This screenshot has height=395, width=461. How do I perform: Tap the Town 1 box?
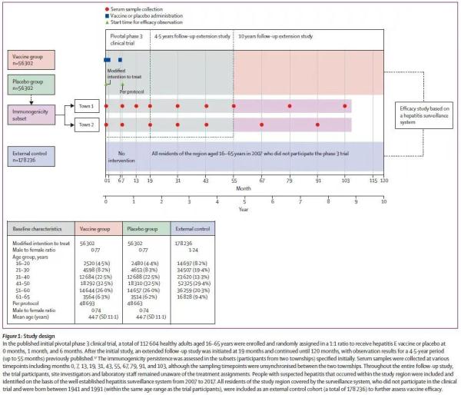tap(85, 106)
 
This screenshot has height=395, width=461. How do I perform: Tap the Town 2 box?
tap(85, 124)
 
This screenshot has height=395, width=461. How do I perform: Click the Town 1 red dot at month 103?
tap(346, 106)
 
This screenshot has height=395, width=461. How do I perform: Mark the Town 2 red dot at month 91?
tap(317, 124)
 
